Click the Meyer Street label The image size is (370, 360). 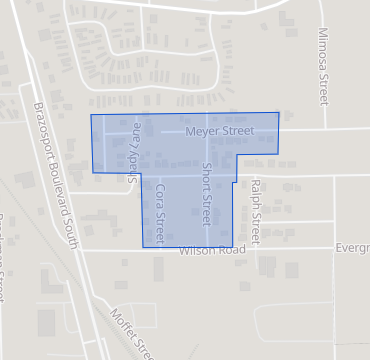tap(219, 130)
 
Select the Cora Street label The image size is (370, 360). tap(159, 210)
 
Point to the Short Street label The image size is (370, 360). tap(207, 194)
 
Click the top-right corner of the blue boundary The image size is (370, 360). tap(279, 112)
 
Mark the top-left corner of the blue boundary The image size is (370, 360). tap(91, 115)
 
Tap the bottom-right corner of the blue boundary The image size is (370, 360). tap(233, 247)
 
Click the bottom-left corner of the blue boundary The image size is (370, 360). tap(141, 246)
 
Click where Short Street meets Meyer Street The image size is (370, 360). tap(207, 130)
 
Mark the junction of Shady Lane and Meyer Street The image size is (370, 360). tap(134, 131)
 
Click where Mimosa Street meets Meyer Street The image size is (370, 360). tap(322, 129)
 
